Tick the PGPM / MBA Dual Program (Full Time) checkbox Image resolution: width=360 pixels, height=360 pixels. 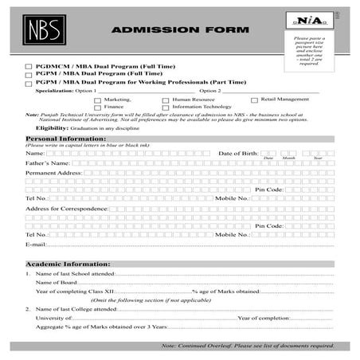29,74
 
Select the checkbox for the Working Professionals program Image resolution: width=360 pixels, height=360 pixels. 29,83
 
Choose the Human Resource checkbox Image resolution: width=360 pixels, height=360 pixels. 166,100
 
